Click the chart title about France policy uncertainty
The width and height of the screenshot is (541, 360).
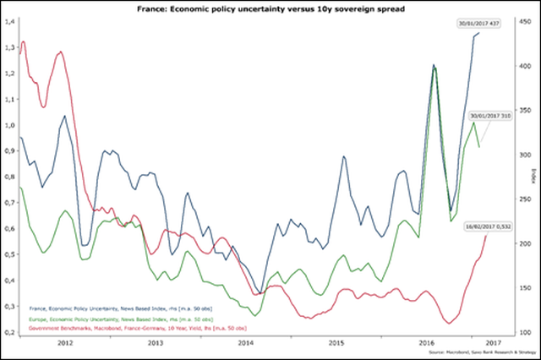[x=270, y=8]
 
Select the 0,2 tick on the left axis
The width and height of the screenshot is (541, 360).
[x=9, y=332]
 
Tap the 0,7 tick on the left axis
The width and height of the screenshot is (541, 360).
[x=9, y=202]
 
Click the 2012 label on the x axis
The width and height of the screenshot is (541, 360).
[x=65, y=344]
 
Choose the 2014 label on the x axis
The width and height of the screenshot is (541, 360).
[x=244, y=344]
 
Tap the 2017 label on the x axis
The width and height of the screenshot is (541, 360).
[x=495, y=344]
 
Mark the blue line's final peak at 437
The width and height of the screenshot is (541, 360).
[x=478, y=34]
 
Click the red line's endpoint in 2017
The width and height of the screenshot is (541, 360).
[x=487, y=235]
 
